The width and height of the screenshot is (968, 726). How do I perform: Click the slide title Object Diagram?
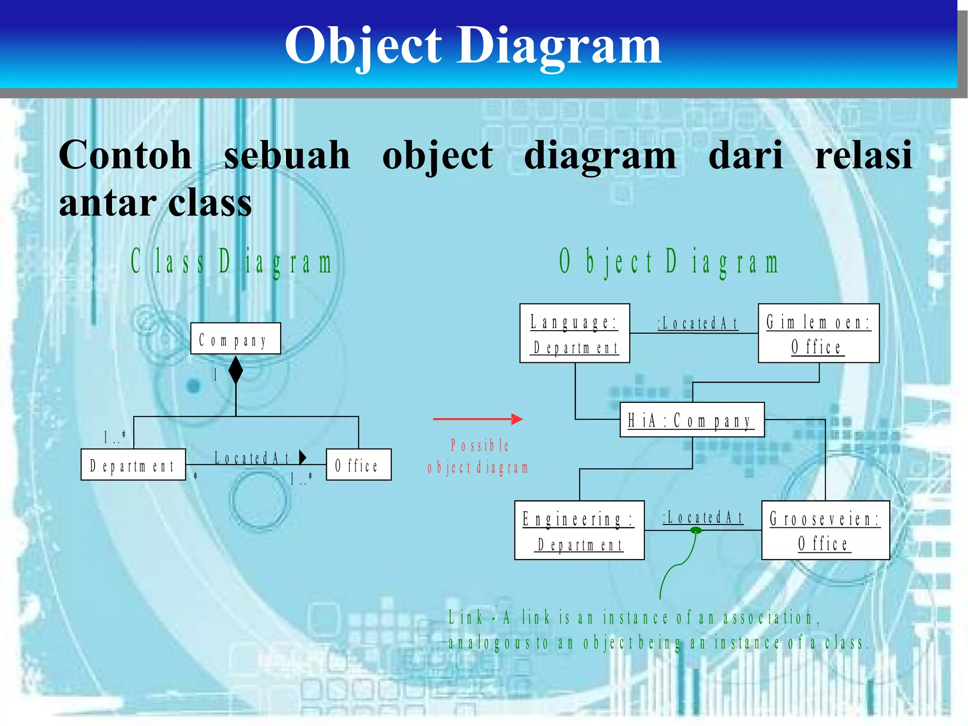coord(473,46)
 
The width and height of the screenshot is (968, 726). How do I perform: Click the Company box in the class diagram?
coord(235,339)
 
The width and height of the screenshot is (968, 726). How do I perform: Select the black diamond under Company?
coord(235,370)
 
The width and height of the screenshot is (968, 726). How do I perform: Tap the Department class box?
coord(133,464)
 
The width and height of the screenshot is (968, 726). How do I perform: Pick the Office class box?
coord(358,464)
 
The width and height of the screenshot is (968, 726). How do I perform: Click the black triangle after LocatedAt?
coord(302,457)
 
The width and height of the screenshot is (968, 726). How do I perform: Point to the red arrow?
coord(477,419)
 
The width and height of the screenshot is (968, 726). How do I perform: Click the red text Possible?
coord(479,446)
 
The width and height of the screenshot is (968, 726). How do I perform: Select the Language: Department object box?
coord(574,333)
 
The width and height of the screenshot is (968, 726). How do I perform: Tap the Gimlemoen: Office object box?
coord(818,333)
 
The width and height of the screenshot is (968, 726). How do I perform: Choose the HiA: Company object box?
coord(691,420)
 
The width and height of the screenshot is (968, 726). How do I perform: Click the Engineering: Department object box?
coord(579,530)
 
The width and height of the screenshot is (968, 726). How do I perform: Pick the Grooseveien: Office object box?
coord(825,530)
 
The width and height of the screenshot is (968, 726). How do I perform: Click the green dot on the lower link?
coord(696,531)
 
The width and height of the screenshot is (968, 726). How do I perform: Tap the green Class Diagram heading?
coord(232,262)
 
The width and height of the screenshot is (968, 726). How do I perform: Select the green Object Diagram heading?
coord(668,262)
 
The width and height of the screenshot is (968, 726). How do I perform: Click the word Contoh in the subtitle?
coord(125,155)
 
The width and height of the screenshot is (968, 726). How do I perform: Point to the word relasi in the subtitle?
coord(864,155)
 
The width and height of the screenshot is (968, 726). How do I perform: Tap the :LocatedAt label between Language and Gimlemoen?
coord(698,324)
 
